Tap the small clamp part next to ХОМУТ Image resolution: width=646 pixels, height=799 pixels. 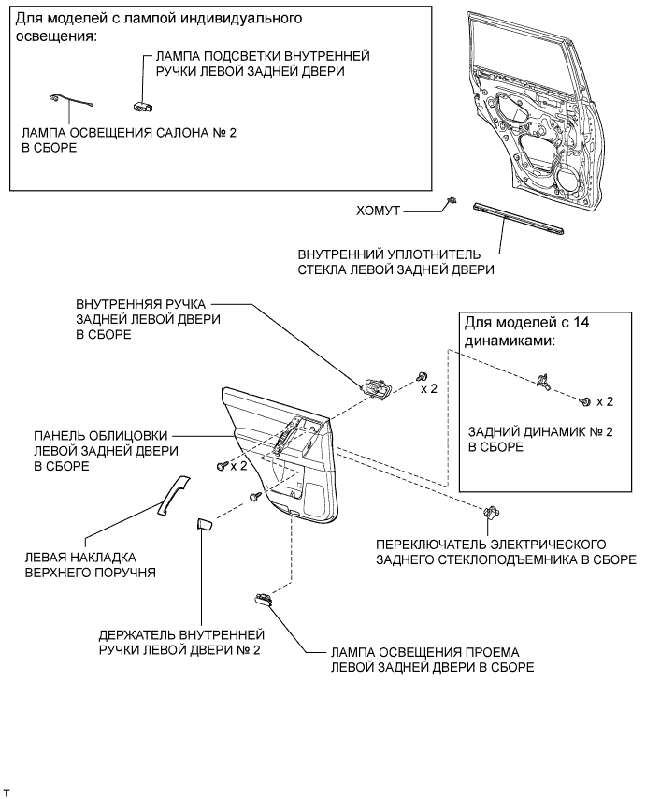(x=452, y=202)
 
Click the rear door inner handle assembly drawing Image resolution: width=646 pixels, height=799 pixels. (x=378, y=387)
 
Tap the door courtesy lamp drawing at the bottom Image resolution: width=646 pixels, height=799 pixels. (x=264, y=601)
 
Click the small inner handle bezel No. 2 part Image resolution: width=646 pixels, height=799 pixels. (x=201, y=526)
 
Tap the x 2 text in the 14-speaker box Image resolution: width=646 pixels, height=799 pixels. (x=604, y=401)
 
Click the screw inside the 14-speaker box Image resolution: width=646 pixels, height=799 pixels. (x=585, y=400)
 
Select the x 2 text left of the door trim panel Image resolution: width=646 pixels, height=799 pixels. (x=237, y=465)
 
